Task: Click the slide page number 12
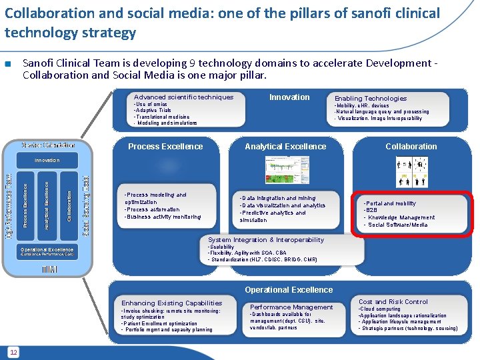(13, 351)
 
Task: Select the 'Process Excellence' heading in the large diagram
(165, 147)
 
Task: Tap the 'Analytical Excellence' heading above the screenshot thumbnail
(285, 147)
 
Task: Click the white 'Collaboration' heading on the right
(411, 147)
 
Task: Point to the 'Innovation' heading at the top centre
(289, 97)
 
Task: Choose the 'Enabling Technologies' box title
(371, 98)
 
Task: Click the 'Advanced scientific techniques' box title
(183, 97)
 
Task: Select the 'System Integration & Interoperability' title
(257, 240)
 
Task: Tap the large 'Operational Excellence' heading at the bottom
(289, 290)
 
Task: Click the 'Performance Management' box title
(291, 307)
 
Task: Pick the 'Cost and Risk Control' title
(393, 302)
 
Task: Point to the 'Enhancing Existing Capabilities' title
(172, 303)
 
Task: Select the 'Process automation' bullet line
(153, 209)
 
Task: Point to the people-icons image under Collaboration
(412, 171)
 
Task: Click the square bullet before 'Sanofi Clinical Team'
(8, 65)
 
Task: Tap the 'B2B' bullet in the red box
(371, 210)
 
